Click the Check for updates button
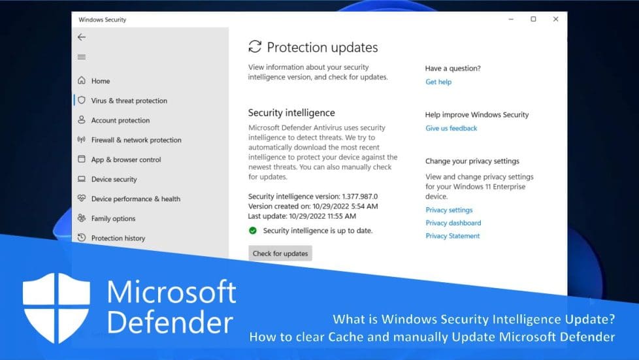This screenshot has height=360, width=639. pos(280,254)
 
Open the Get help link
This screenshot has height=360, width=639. pos(438,82)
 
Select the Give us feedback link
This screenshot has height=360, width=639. pos(451,128)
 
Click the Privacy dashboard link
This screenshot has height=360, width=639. pos(453,223)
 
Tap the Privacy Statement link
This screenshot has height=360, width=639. pos(452,236)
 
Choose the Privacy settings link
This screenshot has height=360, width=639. pos(449,210)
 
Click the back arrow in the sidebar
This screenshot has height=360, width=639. pos(82,37)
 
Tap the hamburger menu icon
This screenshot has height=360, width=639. pos(82,57)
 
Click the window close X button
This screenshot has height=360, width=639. pos(555,19)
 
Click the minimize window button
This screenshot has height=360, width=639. pos(511,19)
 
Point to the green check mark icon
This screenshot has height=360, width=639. pos(253,231)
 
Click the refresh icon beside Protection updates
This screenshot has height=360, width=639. pos(255,47)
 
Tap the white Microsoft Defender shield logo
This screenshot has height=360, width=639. pos(56,308)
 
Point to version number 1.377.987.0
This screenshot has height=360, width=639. pos(360,197)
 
